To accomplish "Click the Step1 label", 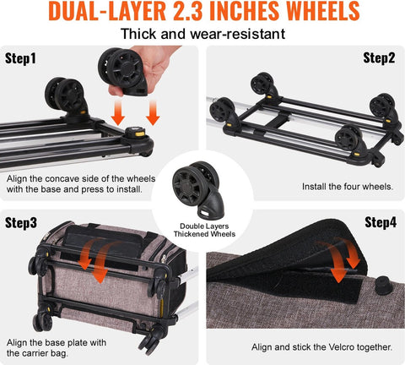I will [24, 61].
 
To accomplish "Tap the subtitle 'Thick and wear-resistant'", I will [202, 35].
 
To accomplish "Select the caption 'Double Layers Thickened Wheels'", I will [202, 231].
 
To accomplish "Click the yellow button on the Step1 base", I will [134, 132].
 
